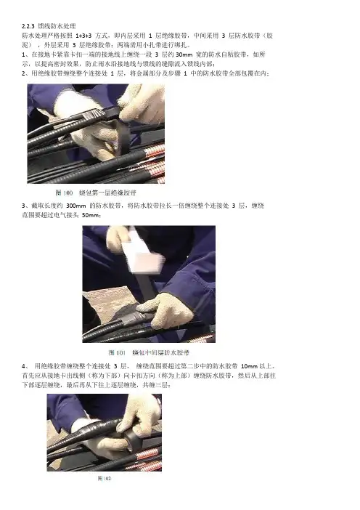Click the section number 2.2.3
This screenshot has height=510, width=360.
pos(28,26)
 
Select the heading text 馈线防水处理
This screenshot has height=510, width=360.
pos(57,26)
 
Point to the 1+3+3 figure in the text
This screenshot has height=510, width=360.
pos(83,36)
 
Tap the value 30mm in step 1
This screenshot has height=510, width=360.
pos(184,54)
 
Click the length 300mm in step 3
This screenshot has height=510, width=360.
pos(76,206)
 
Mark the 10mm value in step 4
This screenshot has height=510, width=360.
pos(249,366)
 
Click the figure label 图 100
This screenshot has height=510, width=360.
pos(64,193)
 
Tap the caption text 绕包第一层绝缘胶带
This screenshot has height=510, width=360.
pos(107,193)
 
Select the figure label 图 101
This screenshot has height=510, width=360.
pos(117,352)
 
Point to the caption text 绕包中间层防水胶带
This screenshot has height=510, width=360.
pos(161,352)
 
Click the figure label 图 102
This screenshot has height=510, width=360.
pos(105,478)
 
